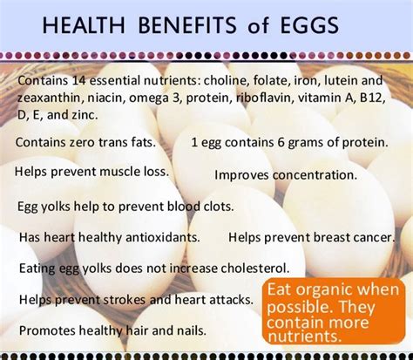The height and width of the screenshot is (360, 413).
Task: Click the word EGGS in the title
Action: [x=309, y=25]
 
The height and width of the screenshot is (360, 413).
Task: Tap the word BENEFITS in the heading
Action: [x=187, y=25]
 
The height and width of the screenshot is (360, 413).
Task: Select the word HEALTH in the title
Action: [x=84, y=25]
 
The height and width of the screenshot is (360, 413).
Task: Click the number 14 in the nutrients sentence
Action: [x=79, y=80]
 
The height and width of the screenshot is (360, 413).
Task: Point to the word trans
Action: [x=111, y=142]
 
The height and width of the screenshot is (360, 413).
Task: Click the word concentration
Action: [x=315, y=175]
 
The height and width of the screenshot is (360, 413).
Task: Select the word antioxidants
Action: [x=163, y=237]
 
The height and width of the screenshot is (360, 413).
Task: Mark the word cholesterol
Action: [x=255, y=268]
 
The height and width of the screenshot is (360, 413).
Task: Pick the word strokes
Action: [x=125, y=300]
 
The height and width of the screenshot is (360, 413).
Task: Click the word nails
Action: [x=191, y=330]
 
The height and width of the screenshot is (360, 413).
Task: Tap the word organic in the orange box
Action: [x=323, y=290]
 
